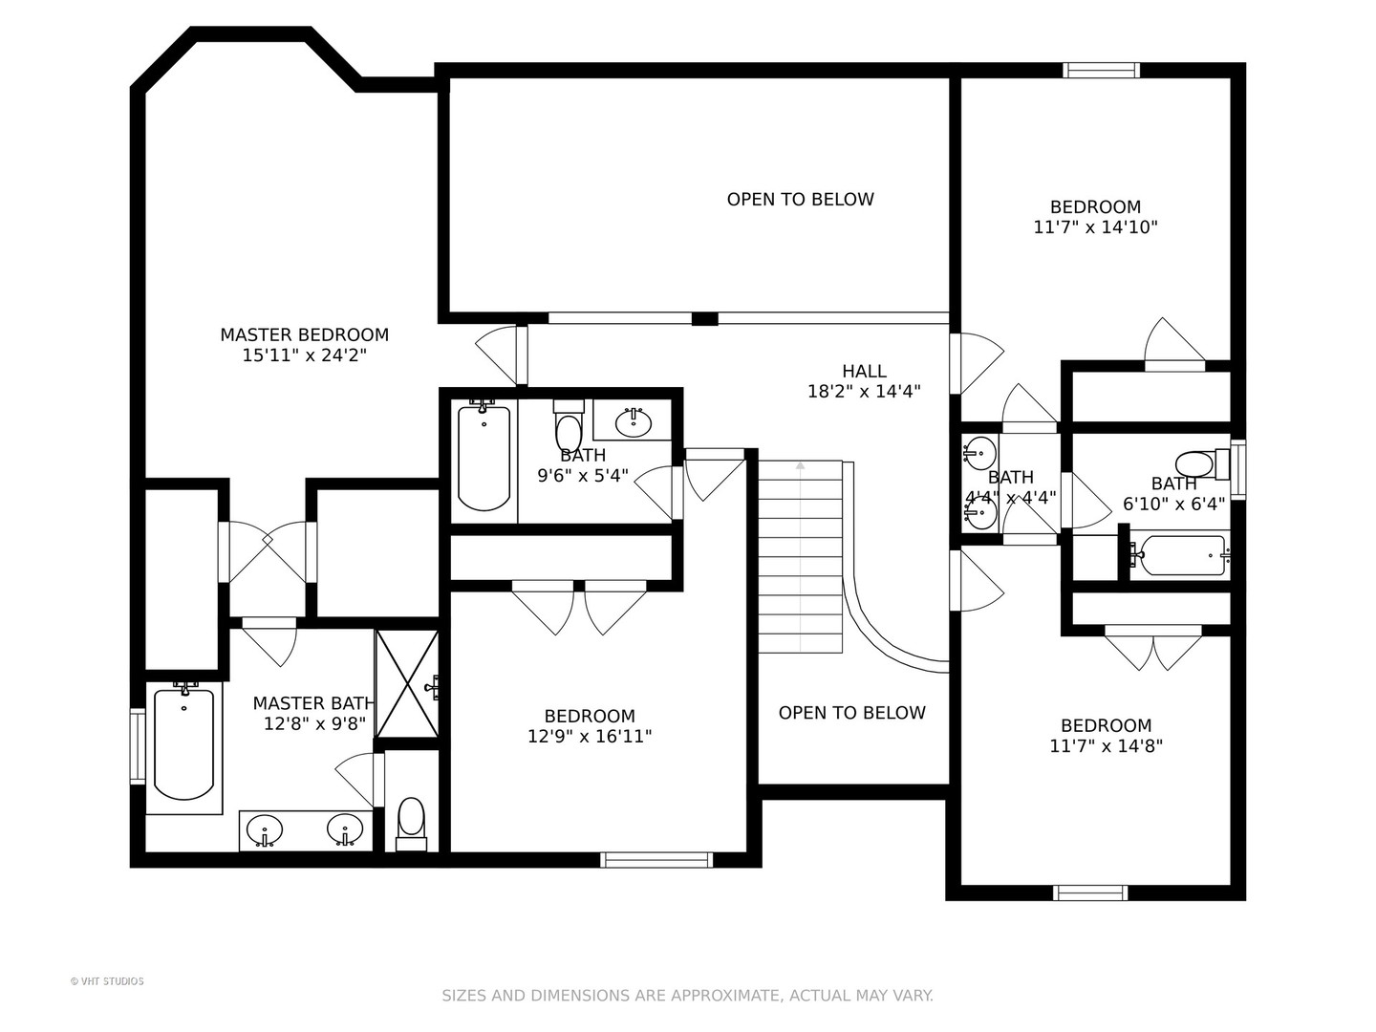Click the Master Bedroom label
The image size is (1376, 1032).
304,334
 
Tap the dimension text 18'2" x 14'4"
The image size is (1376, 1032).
863,392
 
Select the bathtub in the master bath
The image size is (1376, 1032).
183,744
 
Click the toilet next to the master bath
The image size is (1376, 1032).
411,824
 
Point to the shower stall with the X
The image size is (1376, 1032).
406,683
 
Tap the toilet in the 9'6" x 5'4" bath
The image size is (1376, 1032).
569,425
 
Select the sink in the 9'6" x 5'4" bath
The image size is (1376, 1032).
634,423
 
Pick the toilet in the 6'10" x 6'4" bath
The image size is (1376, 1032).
1201,465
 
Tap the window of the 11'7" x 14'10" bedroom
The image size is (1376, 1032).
1101,70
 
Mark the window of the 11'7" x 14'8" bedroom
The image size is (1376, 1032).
1090,892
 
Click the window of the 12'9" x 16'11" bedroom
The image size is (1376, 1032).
656,860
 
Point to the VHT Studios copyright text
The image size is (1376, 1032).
107,981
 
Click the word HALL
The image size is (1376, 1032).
864,371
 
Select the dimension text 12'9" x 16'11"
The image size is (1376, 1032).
590,736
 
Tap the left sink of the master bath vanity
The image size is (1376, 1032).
265,831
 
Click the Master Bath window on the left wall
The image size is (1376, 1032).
138,745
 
